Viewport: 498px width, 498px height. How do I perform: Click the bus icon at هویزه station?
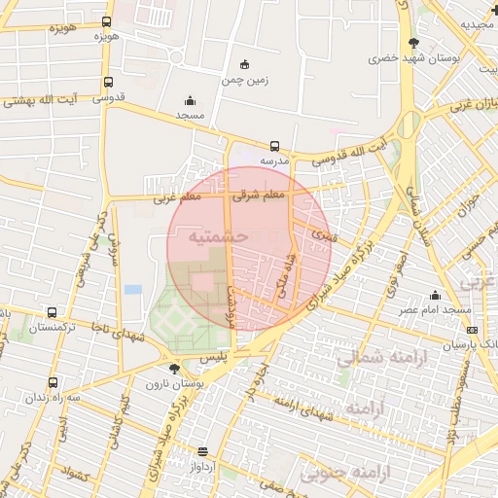click(106, 20)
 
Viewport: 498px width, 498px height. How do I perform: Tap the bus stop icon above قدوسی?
click(107, 83)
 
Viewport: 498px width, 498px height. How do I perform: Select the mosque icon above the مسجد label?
click(189, 99)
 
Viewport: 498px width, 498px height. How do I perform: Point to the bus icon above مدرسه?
click(275, 147)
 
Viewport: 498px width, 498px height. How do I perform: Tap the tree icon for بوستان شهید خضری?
click(413, 43)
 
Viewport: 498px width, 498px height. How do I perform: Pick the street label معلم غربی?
click(176, 198)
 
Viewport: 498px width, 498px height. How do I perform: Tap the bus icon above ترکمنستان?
click(51, 313)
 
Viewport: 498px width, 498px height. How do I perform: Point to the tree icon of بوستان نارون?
click(174, 368)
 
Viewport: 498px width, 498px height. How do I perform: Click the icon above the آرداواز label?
click(203, 451)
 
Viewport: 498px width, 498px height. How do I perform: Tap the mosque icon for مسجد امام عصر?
click(435, 295)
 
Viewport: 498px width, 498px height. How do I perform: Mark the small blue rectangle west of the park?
click(132, 289)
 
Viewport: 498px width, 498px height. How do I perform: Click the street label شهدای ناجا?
click(123, 331)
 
